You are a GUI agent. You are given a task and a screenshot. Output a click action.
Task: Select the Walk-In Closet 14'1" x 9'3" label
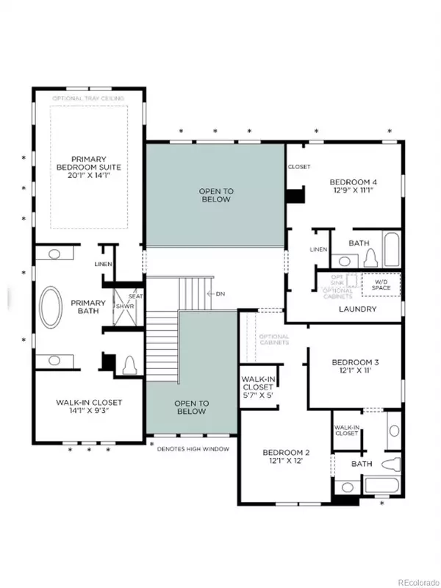(89, 407)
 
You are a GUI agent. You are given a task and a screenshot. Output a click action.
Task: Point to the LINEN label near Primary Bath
(103, 265)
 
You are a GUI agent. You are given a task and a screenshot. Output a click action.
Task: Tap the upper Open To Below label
(215, 195)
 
